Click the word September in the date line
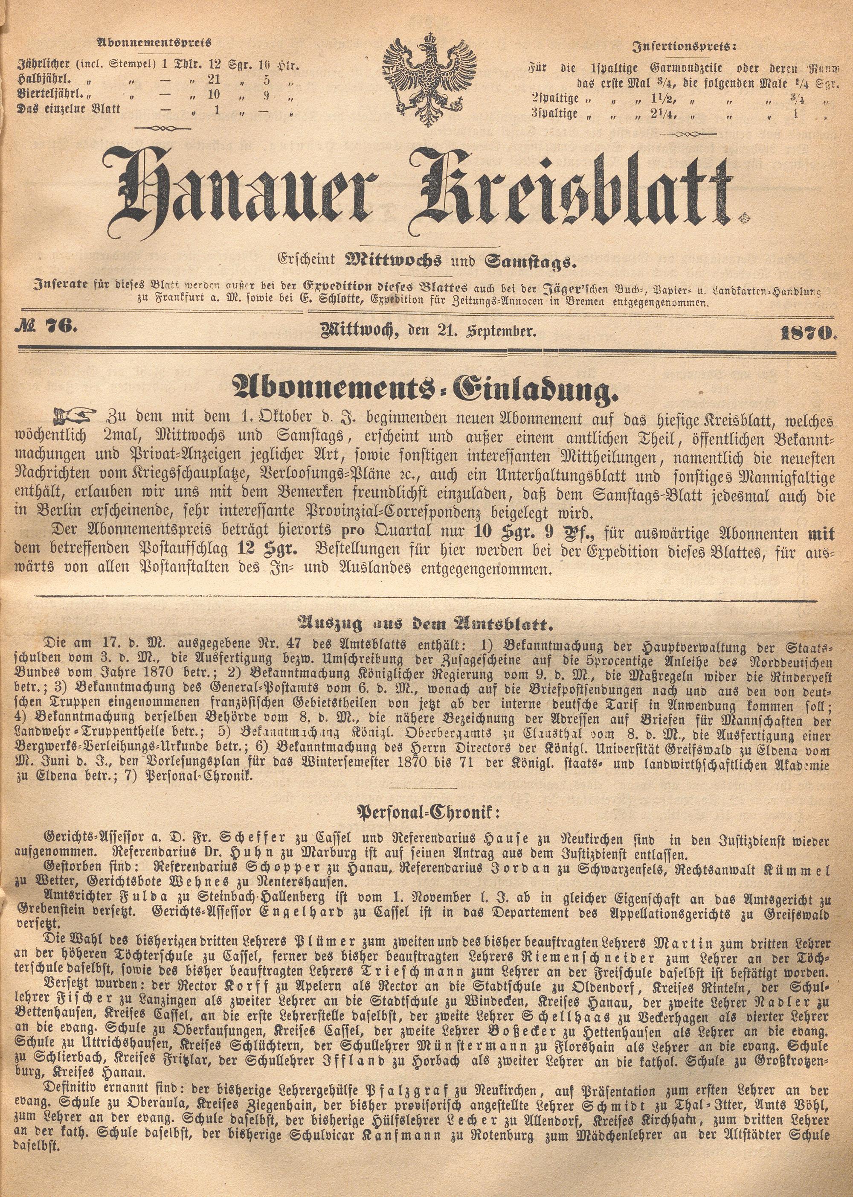499,331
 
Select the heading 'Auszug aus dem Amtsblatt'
426,624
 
